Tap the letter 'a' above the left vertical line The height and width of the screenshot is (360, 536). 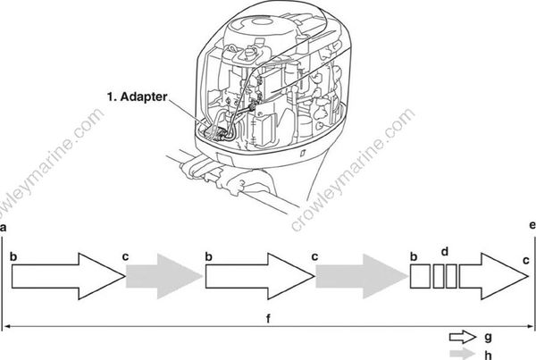pyautogui.click(x=4, y=230)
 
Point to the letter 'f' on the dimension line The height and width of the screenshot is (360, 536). pyautogui.click(x=268, y=316)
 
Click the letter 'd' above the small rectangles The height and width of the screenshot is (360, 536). pyautogui.click(x=444, y=251)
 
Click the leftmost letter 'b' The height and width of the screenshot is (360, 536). pyautogui.click(x=13, y=256)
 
